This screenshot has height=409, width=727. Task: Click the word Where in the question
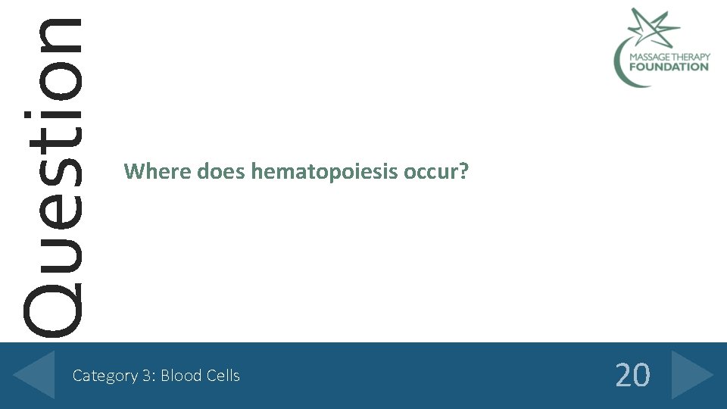pos(158,172)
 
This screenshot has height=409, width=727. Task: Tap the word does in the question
pos(221,172)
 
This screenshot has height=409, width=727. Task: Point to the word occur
pos(429,173)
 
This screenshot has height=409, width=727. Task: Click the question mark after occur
pos(463,172)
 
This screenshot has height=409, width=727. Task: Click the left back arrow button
pos(35,374)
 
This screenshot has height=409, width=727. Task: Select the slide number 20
pos(632,375)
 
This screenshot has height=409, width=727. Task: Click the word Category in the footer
pos(105,376)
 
